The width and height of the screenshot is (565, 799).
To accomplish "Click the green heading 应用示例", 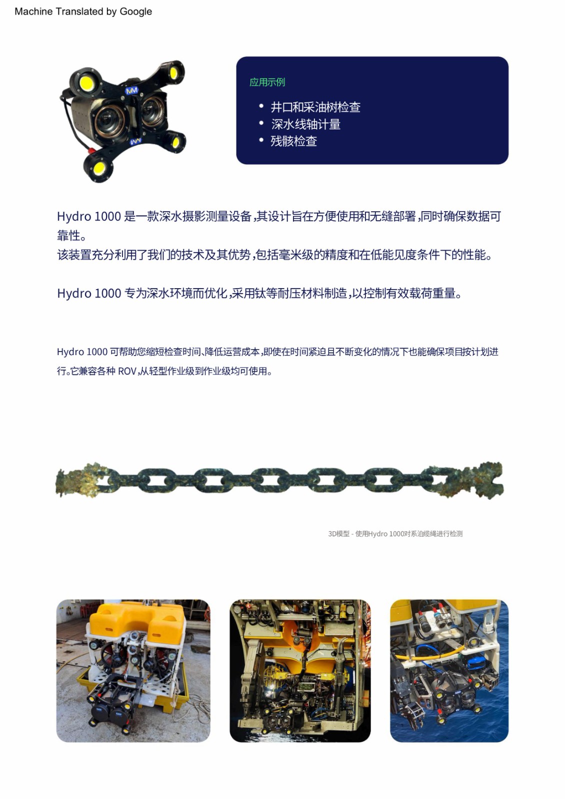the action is [267, 82].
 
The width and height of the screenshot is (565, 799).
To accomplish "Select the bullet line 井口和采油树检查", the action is [315, 107].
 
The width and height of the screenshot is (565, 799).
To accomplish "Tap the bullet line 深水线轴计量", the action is [305, 124].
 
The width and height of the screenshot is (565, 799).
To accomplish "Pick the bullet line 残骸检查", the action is [293, 141].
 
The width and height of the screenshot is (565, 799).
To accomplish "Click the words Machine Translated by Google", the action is [83, 11].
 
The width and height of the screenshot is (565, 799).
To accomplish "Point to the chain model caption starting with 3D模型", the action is [395, 534].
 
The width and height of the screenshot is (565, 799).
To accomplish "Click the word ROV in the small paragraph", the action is [127, 372].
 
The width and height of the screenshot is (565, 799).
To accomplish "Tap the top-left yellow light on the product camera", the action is [86, 83].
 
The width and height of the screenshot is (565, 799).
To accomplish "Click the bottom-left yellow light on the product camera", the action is [99, 168].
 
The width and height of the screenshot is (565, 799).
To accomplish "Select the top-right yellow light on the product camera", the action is [173, 73].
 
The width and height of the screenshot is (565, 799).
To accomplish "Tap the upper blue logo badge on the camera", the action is [132, 90].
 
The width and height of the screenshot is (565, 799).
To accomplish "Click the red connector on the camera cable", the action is [92, 150].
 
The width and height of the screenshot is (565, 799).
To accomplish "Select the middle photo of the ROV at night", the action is [300, 671].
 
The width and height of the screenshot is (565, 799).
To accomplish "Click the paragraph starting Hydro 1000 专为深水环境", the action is [259, 293].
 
